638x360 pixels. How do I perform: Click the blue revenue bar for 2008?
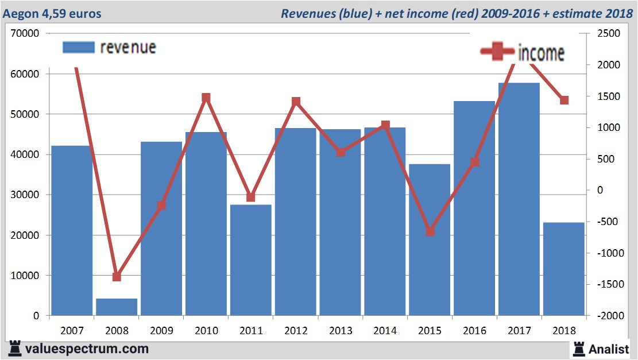(117, 307)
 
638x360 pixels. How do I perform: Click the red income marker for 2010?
(207, 98)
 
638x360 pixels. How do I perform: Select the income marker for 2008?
(117, 277)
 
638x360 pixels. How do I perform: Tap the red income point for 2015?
(430, 231)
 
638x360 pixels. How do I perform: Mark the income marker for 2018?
(564, 100)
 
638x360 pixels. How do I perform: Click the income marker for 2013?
(341, 152)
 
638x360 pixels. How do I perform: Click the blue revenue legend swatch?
(78, 48)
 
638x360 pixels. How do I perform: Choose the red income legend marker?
(497, 52)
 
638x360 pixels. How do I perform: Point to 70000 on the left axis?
(25, 34)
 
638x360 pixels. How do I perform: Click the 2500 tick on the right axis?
(609, 34)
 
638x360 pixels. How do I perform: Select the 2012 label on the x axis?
(296, 331)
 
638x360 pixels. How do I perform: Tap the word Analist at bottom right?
(609, 349)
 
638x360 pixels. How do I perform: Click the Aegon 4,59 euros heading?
(52, 13)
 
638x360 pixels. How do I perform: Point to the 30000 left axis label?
(25, 195)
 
